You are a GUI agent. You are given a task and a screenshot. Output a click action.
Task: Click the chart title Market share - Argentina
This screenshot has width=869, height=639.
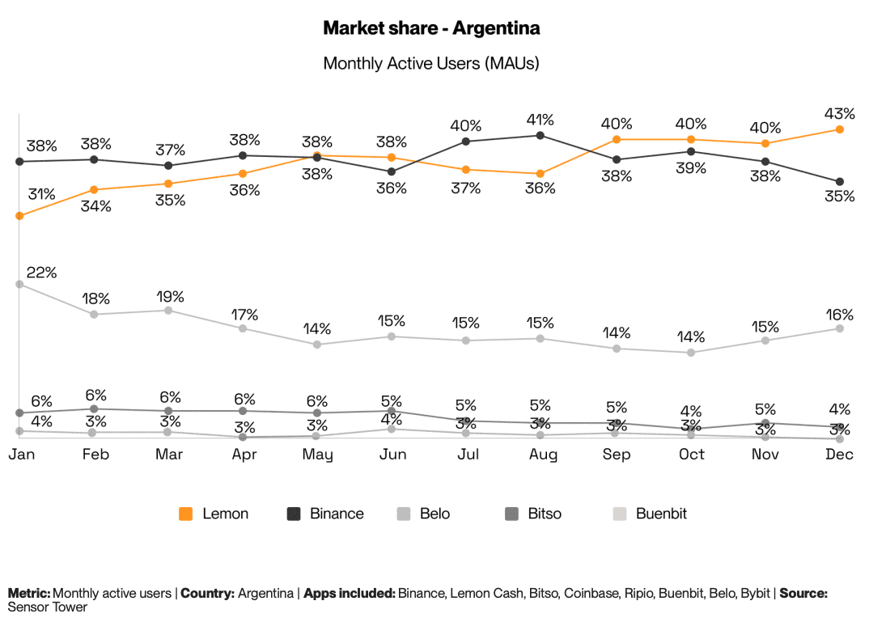(431, 28)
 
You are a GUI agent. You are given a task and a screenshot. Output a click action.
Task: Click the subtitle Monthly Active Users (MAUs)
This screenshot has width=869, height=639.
(431, 63)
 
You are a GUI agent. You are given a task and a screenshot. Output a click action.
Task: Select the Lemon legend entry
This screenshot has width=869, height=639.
(214, 514)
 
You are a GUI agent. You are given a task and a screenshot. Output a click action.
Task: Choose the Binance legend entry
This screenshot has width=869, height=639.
(326, 514)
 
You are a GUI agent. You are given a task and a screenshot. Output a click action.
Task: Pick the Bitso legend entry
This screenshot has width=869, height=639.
(533, 514)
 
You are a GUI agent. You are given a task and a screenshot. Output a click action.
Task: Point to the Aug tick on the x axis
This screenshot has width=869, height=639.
(543, 455)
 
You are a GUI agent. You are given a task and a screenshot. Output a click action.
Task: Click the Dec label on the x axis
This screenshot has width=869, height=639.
(839, 455)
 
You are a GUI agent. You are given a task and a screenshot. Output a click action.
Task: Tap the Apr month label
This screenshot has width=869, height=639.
(244, 455)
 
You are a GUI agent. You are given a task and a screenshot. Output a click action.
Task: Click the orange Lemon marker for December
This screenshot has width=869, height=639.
(840, 129)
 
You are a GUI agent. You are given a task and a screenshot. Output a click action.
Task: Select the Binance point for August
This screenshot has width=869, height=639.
(540, 135)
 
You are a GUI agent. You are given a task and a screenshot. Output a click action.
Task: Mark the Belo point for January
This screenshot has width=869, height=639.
(19, 284)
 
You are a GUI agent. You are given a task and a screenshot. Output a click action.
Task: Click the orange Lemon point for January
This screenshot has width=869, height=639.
(19, 216)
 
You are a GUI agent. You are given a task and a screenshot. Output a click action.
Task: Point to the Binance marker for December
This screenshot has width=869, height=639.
(840, 181)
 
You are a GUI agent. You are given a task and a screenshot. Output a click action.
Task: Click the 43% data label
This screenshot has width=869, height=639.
(839, 112)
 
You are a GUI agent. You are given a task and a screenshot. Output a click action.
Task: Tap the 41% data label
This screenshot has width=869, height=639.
(540, 120)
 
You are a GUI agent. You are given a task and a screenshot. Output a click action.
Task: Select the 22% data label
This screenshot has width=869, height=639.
(42, 273)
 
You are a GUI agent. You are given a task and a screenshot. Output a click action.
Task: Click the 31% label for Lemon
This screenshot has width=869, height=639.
(41, 194)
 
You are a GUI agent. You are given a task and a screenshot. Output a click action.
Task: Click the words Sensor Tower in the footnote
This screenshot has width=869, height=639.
(47, 607)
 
